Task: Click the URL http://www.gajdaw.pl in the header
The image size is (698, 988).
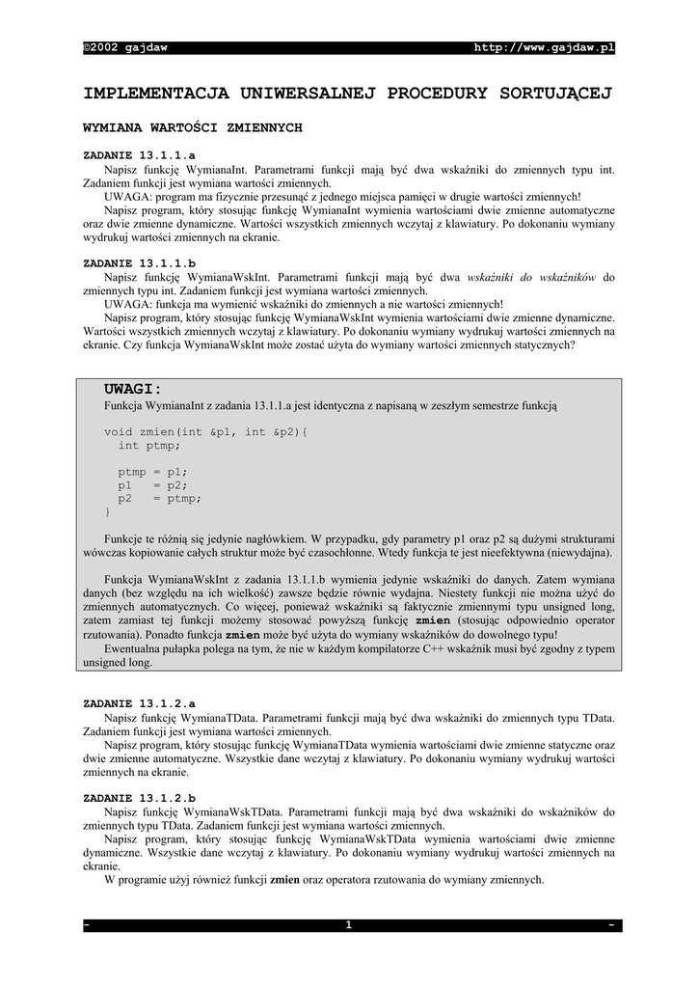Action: (545, 47)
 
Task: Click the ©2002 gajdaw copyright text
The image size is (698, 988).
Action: (125, 47)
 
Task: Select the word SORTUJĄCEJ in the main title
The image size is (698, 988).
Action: (556, 94)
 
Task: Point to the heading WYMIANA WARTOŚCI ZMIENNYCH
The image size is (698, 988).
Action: (193, 127)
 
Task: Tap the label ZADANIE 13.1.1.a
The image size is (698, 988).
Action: (140, 154)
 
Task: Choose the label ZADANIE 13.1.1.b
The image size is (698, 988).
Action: (140, 262)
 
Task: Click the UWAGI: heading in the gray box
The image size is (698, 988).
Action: (133, 389)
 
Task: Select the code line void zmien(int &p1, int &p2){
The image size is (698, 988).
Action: (205, 432)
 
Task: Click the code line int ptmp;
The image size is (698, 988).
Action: (148, 446)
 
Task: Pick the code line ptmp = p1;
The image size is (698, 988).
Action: (152, 473)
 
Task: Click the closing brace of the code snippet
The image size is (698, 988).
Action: (107, 512)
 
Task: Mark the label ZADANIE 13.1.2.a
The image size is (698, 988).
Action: (140, 704)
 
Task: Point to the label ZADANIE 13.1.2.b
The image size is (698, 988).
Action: (140, 799)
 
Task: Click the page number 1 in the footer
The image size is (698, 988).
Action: (349, 925)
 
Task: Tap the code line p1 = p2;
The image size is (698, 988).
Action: (152, 486)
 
